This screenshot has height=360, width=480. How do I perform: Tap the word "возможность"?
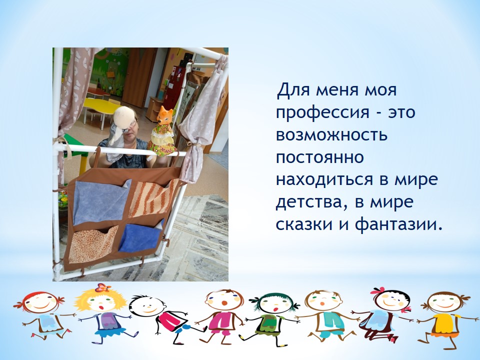coord(331,135)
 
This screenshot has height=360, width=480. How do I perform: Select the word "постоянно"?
coord(320,157)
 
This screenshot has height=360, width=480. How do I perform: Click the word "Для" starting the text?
coord(292,90)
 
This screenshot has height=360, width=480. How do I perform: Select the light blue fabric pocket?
coord(100,201)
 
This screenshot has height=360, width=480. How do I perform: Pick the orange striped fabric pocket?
coord(153,198)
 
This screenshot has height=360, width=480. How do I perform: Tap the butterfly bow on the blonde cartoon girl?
coord(102,287)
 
